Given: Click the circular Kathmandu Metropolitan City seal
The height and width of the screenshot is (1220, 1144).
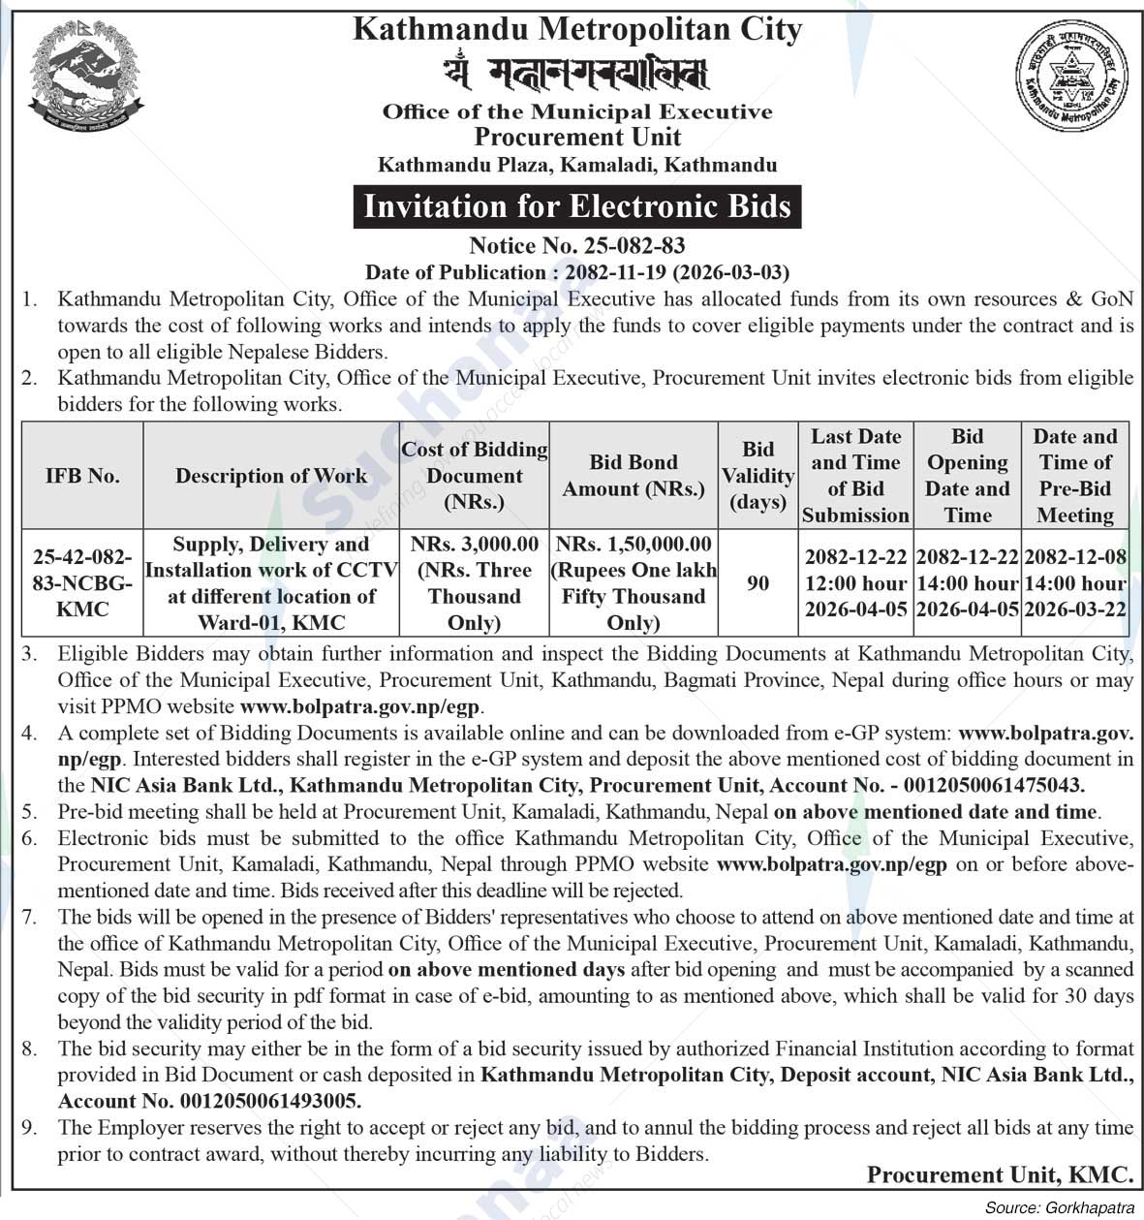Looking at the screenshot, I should [1072, 78].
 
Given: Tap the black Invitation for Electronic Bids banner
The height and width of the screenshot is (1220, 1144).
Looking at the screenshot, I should [577, 206].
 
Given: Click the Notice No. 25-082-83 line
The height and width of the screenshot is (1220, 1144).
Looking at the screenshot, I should [577, 246].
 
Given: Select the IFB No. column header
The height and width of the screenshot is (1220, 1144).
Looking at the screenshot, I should [82, 476].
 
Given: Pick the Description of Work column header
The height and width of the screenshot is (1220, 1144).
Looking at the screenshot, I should [271, 476].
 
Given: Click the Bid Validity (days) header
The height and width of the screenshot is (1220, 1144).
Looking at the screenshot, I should [758, 476].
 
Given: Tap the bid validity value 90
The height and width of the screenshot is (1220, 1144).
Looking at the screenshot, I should [758, 583].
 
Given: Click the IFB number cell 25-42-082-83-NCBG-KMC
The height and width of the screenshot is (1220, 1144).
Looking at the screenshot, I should [82, 583].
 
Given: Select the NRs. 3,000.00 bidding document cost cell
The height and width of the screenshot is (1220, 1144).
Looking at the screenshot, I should [475, 583].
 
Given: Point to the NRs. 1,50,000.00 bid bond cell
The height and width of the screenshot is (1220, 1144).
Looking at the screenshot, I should [634, 583].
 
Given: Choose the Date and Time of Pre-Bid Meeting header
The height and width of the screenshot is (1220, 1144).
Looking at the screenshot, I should [1075, 476].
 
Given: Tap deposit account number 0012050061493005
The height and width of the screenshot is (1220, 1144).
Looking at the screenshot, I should [267, 1101].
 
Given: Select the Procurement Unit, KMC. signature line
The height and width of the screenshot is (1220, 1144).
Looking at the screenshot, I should [1000, 1175].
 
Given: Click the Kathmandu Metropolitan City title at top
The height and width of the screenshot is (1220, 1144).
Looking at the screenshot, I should [577, 29].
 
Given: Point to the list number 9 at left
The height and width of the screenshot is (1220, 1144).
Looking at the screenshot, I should [30, 1127].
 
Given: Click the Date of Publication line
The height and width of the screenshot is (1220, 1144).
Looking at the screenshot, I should [577, 272].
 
